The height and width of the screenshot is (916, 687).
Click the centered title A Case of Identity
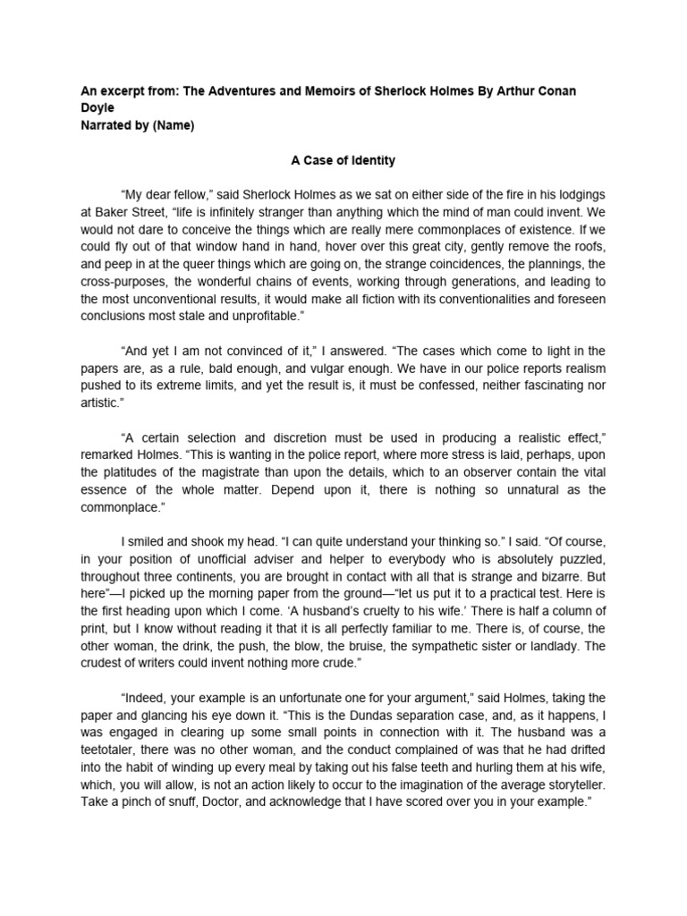(343, 161)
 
